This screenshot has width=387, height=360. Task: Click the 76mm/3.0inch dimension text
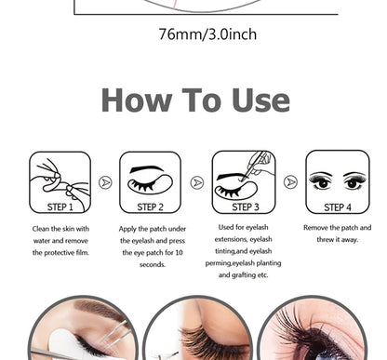coord(207,35)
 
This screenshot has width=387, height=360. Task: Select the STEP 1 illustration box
coord(60,181)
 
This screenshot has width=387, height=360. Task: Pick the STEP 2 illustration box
coord(151,181)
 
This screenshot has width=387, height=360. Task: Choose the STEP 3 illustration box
coord(244,181)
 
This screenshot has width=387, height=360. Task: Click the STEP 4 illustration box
coord(337,181)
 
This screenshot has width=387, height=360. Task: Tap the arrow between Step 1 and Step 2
coord(105,182)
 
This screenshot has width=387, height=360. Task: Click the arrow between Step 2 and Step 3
coord(197,182)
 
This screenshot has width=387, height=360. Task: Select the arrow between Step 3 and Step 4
coord(290,182)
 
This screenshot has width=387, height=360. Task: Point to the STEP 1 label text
coord(60,207)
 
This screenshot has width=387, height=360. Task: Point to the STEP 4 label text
coord(337,207)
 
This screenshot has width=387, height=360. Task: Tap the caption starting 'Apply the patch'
coord(152,246)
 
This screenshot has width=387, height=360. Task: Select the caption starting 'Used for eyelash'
coord(244,251)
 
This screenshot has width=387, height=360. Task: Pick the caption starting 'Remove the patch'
coord(337,233)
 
